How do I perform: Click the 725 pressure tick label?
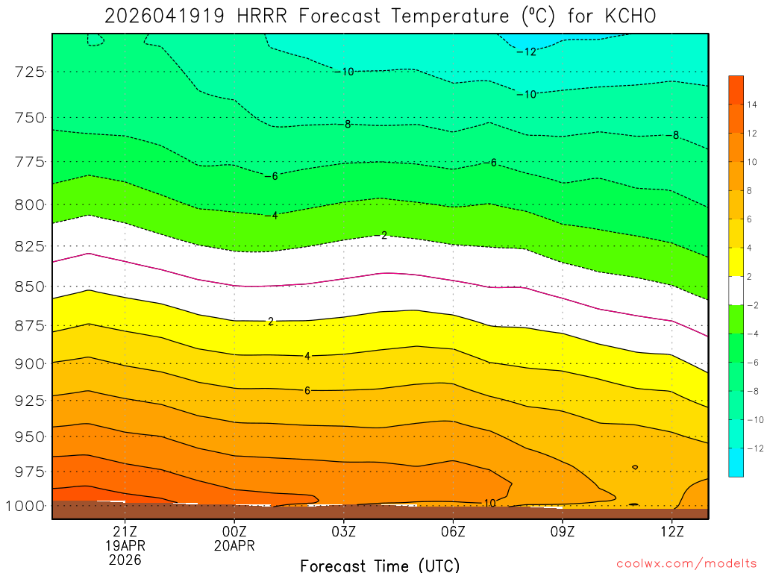[x=30, y=72]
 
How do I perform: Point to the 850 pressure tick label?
[x=30, y=286]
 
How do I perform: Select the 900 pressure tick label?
[x=30, y=363]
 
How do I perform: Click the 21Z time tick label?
[x=125, y=531]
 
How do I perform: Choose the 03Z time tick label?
[x=343, y=531]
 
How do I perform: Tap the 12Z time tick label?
[x=672, y=531]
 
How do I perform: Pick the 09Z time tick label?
[x=563, y=531]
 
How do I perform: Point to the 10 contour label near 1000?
[x=490, y=503]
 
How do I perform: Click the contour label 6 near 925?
[x=307, y=390]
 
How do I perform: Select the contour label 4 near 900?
[x=307, y=356]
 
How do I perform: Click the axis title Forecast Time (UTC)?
[x=380, y=565]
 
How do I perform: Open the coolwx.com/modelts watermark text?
[x=686, y=563]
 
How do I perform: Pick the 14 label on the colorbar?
[x=751, y=105]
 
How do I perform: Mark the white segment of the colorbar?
[x=736, y=289]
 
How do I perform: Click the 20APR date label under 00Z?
[x=234, y=545]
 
